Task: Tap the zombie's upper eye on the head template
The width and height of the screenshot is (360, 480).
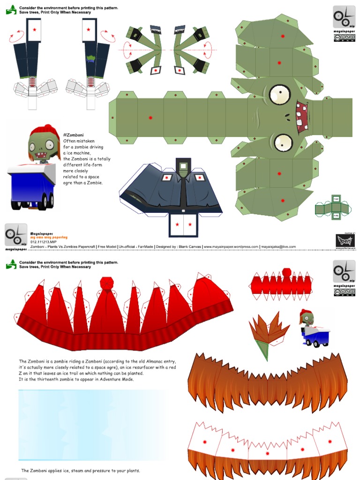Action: pos(279,95)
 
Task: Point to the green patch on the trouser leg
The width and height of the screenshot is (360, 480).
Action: pos(90,59)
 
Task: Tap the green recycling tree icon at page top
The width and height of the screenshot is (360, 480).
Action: pos(11,10)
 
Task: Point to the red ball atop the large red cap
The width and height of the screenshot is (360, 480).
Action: pos(106,283)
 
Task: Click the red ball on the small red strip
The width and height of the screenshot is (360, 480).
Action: pos(286,272)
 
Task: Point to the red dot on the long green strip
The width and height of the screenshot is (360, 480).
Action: pos(150,118)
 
